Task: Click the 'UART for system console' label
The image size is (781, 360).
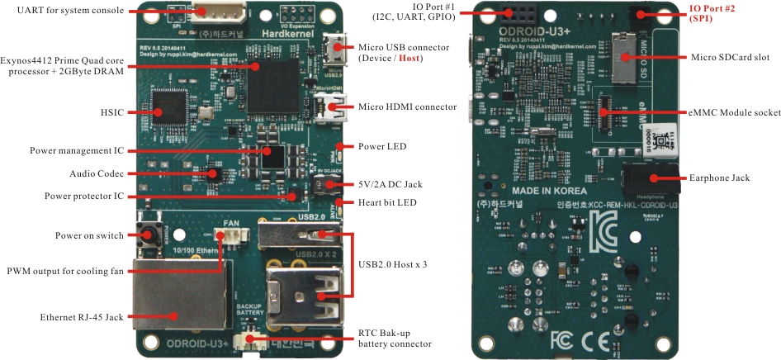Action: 65,11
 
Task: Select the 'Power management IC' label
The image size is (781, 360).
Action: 77,151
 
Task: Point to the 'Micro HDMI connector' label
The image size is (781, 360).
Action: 407,107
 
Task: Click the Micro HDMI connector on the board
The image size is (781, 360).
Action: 333,107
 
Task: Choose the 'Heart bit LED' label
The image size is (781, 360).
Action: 387,203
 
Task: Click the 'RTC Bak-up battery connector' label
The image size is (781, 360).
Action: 395,339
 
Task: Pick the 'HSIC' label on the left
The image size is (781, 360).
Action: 111,110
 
